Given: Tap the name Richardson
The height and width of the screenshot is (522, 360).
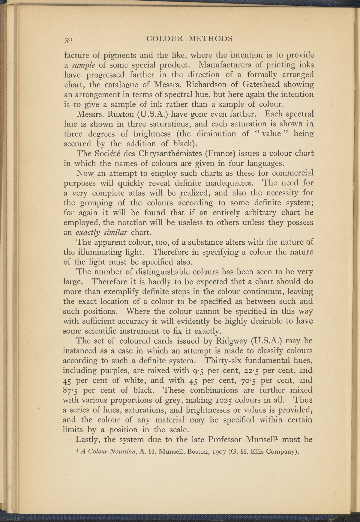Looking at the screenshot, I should click(208, 85).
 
